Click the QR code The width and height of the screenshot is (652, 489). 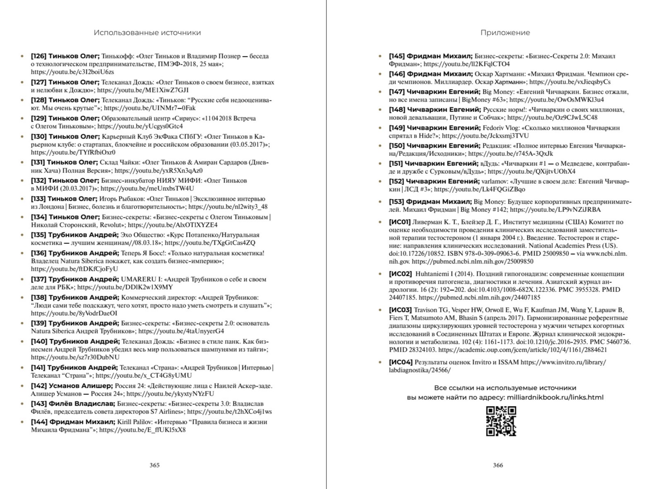[501, 421]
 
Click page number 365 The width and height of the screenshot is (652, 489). [155, 465]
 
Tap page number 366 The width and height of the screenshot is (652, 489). [498, 465]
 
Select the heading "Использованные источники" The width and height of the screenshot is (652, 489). [147, 33]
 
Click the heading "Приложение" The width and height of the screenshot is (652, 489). [505, 33]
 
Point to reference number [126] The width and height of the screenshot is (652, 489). [39, 56]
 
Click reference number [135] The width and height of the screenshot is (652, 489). [39, 235]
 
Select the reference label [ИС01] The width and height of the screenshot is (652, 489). [399, 222]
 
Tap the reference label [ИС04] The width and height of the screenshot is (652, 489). [400, 362]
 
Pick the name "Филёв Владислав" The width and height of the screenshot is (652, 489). [82, 404]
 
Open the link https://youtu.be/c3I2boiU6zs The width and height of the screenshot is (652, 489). [72, 72]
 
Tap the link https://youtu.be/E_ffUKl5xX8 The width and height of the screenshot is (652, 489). [142, 430]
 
